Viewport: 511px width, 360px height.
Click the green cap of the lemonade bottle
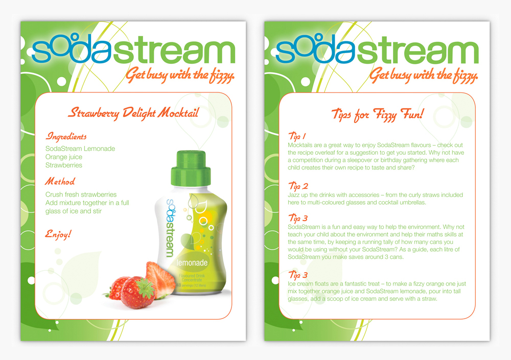(x=191, y=169)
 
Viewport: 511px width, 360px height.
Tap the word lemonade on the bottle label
(x=192, y=262)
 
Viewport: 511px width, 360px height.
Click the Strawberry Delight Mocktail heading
(x=133, y=113)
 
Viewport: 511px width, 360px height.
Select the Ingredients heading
(x=66, y=136)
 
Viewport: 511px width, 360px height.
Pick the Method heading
(x=60, y=181)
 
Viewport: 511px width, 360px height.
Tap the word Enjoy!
(x=58, y=234)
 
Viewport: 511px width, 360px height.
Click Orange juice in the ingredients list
(x=64, y=157)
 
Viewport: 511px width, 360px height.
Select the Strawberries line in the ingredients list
(x=64, y=165)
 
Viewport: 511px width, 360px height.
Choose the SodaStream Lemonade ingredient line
(x=80, y=149)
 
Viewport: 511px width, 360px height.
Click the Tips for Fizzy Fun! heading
(x=378, y=114)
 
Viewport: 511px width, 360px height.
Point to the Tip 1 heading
(x=297, y=136)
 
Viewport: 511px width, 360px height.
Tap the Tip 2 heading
(x=298, y=186)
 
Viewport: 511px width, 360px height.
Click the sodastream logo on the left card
(x=133, y=49)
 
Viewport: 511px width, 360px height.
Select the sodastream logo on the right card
(x=377, y=49)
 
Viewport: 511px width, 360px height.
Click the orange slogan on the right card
(x=424, y=75)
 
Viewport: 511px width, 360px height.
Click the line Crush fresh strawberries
(x=81, y=195)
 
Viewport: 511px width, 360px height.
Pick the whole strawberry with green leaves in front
(x=137, y=293)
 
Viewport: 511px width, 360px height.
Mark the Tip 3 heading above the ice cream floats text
(x=298, y=275)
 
